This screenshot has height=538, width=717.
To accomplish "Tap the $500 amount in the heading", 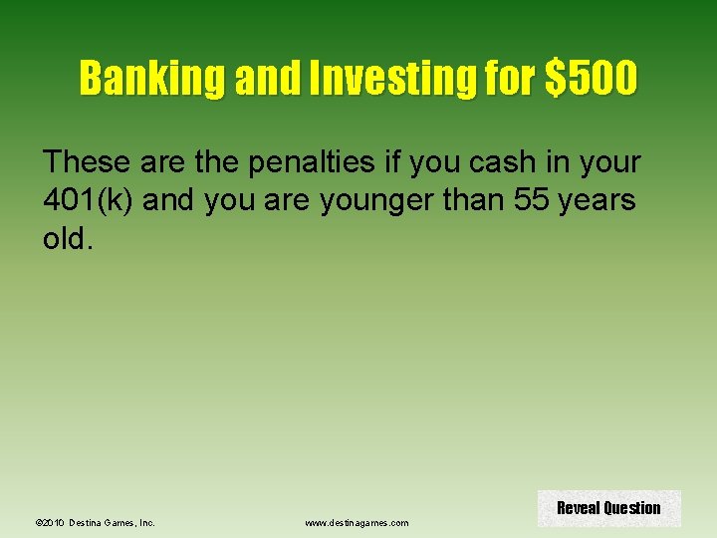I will pos(591,78).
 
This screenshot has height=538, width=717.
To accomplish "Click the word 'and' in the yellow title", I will pos(261,78).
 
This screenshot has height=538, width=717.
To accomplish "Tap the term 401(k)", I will pos(91,200).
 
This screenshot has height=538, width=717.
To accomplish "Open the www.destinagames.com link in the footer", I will pos(357,522).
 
